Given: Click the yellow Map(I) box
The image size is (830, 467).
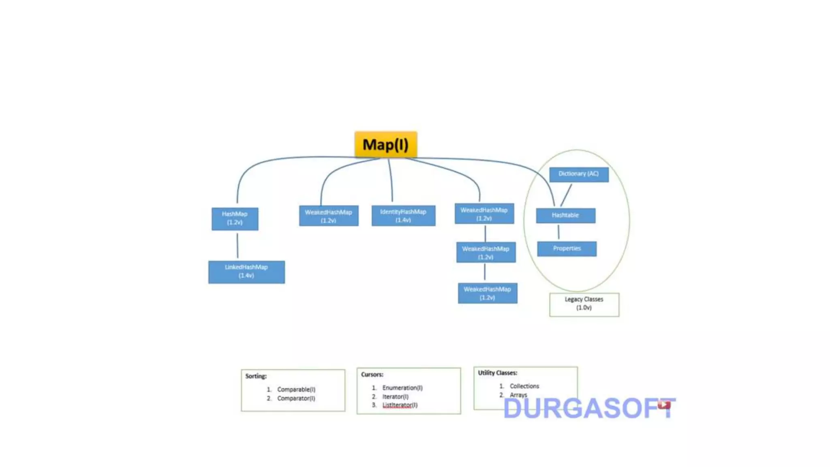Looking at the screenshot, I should coord(385,144).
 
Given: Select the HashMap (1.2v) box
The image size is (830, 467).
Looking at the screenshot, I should coord(235,219).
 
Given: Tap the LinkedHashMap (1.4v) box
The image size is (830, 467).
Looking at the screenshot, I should coord(246,272).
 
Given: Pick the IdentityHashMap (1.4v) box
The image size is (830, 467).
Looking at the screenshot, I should coord(403,216).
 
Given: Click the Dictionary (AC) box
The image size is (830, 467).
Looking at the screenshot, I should coord(579,174).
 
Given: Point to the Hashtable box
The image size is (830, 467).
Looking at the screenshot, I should coord(565,215).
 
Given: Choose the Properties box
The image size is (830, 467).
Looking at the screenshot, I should coord(567,248).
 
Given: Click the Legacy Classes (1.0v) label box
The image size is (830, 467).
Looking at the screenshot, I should coord(584,304).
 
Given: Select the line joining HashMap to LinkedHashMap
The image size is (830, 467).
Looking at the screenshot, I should coord(237,245).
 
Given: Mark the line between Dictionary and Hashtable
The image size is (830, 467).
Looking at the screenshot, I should coord(566,195).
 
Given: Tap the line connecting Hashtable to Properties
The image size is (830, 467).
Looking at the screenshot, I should coord(558,232).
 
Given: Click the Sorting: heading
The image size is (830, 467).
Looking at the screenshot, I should coord(256,376).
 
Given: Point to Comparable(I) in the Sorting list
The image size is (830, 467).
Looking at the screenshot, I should coord(296,389).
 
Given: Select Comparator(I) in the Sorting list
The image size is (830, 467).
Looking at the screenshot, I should coord(296,398).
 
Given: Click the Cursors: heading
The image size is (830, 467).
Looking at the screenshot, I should coord(372,375).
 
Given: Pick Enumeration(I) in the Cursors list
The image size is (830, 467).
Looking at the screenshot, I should coord(402,388).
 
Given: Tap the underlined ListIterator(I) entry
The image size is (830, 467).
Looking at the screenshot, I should coord(400,405).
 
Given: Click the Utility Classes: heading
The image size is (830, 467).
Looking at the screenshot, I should coord(497,373).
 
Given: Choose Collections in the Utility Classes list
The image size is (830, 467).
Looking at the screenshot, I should coord(524,386).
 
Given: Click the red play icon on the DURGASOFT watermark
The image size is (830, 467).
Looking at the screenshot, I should coord(664,405).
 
